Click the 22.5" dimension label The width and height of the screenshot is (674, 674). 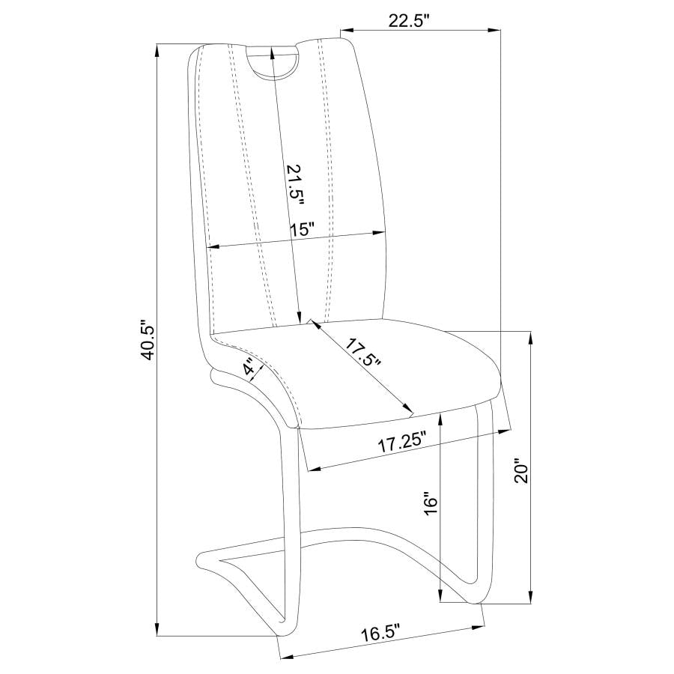[409, 22]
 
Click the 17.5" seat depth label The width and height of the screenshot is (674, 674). [364, 353]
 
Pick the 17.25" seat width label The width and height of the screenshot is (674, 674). [402, 443]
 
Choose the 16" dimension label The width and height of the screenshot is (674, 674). [431, 503]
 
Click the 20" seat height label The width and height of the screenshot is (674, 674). [521, 473]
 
